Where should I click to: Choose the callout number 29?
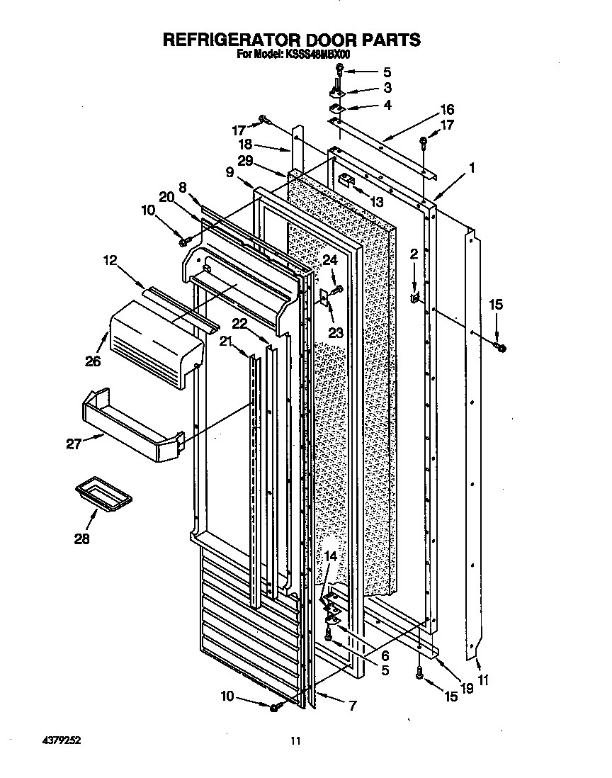245,162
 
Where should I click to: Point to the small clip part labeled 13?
346,180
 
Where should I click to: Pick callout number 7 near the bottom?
352,706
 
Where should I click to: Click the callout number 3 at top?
387,89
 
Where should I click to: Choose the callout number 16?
447,110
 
